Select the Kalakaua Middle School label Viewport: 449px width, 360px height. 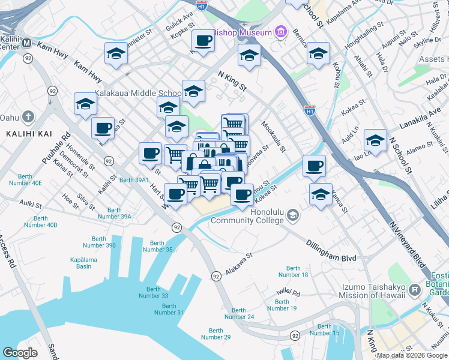pos(138,94)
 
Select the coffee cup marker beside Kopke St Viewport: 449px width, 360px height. pos(203,41)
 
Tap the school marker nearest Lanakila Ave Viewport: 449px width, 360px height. pos(375,140)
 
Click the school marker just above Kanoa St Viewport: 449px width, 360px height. pos(321,194)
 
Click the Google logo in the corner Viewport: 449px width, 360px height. pos(20,352)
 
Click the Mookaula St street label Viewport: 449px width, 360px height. pos(273,136)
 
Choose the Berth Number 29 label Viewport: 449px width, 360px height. pos(216,334)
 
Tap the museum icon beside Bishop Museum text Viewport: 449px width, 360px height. pos(280,32)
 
